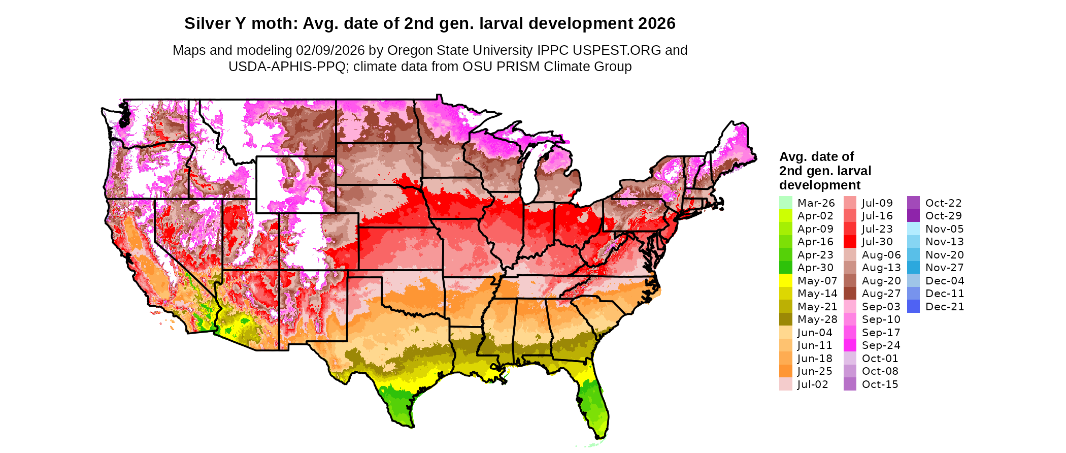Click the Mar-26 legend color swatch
point(785,203)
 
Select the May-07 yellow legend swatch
point(785,281)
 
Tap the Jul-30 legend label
point(877,242)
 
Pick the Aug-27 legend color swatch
point(850,294)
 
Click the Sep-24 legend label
point(881,345)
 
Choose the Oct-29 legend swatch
point(913,216)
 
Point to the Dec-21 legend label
point(944,307)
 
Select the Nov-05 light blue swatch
point(913,229)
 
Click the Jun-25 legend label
point(815,371)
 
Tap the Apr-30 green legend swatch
point(785,268)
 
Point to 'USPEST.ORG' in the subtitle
point(617,50)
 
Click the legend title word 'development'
point(820,185)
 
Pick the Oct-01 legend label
point(880,359)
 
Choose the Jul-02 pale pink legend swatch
point(785,384)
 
